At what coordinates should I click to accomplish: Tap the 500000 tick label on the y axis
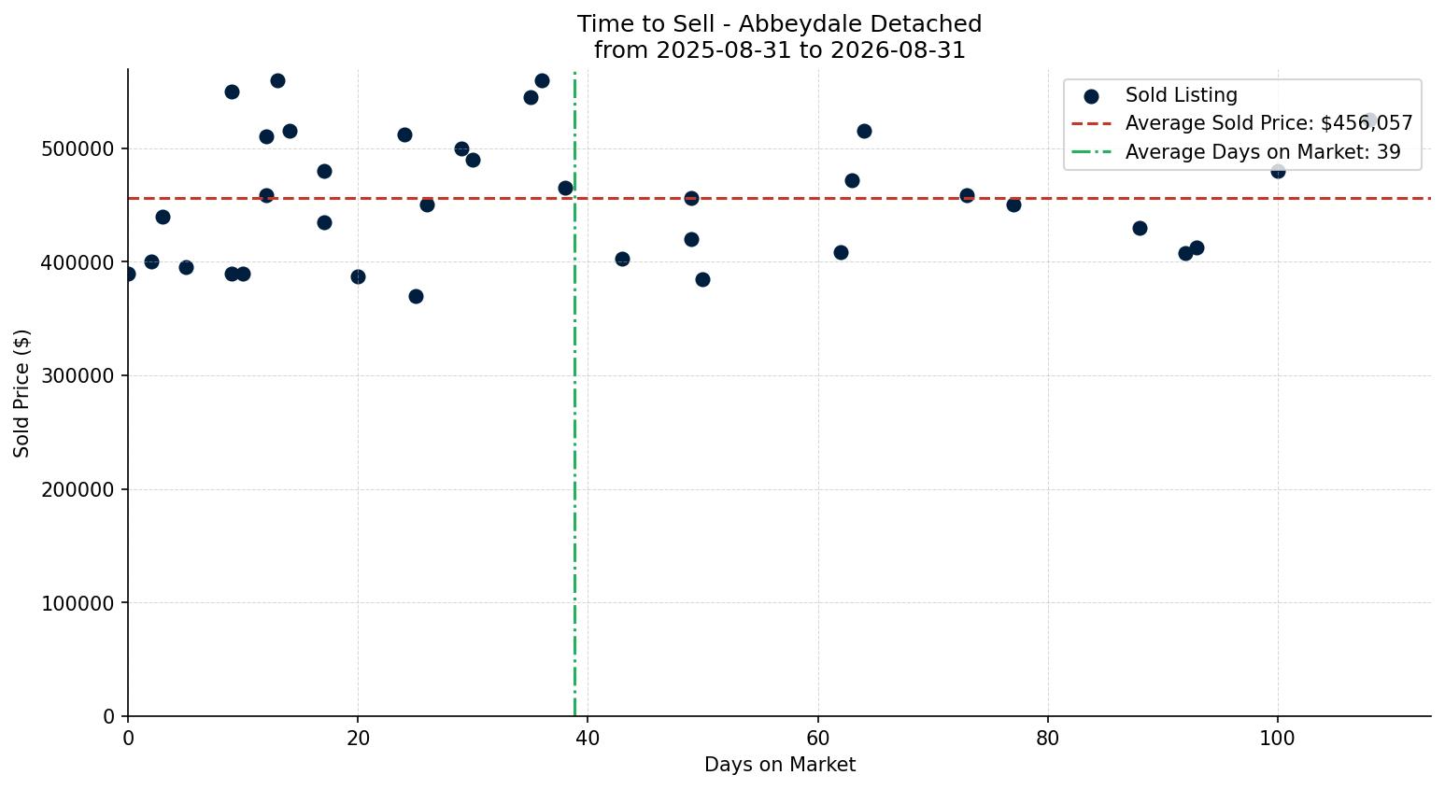click(78, 148)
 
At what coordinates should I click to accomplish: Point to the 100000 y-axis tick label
click(78, 603)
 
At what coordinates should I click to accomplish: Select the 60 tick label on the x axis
click(818, 738)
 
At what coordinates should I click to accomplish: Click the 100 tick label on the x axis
click(1277, 738)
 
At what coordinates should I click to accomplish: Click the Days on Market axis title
click(779, 765)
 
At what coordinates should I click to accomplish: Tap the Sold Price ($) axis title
click(21, 393)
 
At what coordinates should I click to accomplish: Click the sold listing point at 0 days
click(128, 274)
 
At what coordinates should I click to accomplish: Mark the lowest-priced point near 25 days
click(416, 297)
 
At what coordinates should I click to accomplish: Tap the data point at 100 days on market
click(1278, 172)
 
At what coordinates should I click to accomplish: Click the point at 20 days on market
click(358, 277)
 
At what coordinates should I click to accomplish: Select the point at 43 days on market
click(622, 260)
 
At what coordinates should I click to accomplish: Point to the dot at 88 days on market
click(1140, 228)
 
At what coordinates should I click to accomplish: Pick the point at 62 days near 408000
click(841, 253)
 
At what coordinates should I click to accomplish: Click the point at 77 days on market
click(1013, 205)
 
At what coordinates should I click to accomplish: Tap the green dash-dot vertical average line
click(574, 393)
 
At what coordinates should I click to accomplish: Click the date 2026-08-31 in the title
click(898, 50)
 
